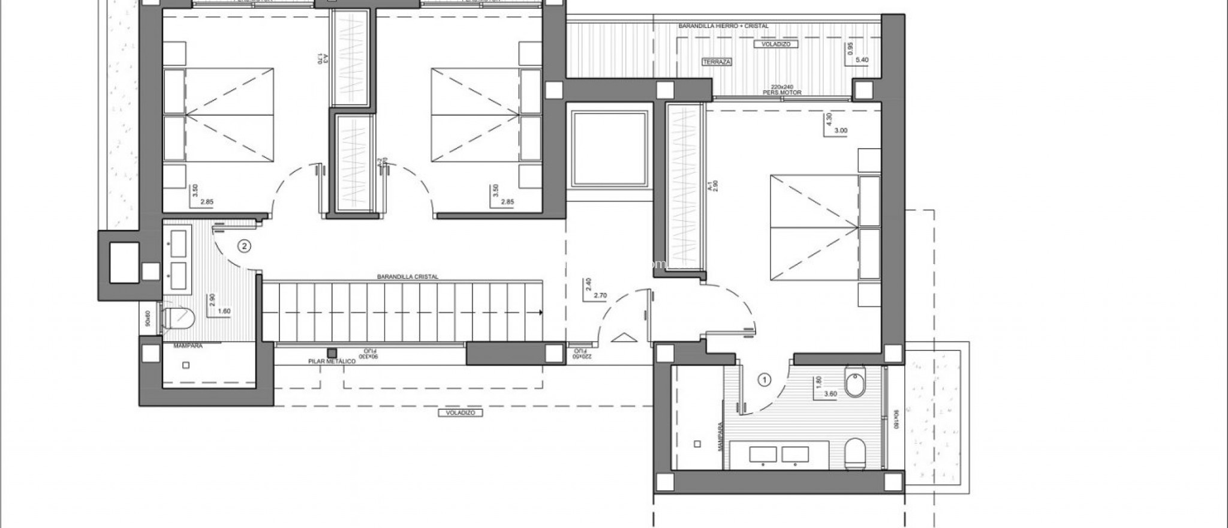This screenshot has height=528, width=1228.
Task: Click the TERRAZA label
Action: [x=717, y=62]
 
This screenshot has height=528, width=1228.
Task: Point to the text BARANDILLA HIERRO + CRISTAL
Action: [x=723, y=26]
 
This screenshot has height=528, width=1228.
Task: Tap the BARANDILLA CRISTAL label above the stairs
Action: [x=408, y=277]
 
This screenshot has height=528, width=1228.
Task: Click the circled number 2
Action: [x=243, y=245]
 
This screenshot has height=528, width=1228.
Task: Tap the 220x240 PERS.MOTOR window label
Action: [x=782, y=90]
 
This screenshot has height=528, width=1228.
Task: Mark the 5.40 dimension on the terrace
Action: [x=862, y=60]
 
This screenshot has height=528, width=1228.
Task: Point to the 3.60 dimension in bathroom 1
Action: [x=830, y=394]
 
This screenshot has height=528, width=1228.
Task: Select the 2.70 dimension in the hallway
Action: [x=600, y=295]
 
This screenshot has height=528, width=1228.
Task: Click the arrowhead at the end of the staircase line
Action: [x=541, y=313]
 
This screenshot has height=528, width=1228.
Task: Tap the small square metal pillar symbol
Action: [x=330, y=353]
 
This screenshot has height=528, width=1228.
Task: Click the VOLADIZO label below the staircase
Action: [x=460, y=413]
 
